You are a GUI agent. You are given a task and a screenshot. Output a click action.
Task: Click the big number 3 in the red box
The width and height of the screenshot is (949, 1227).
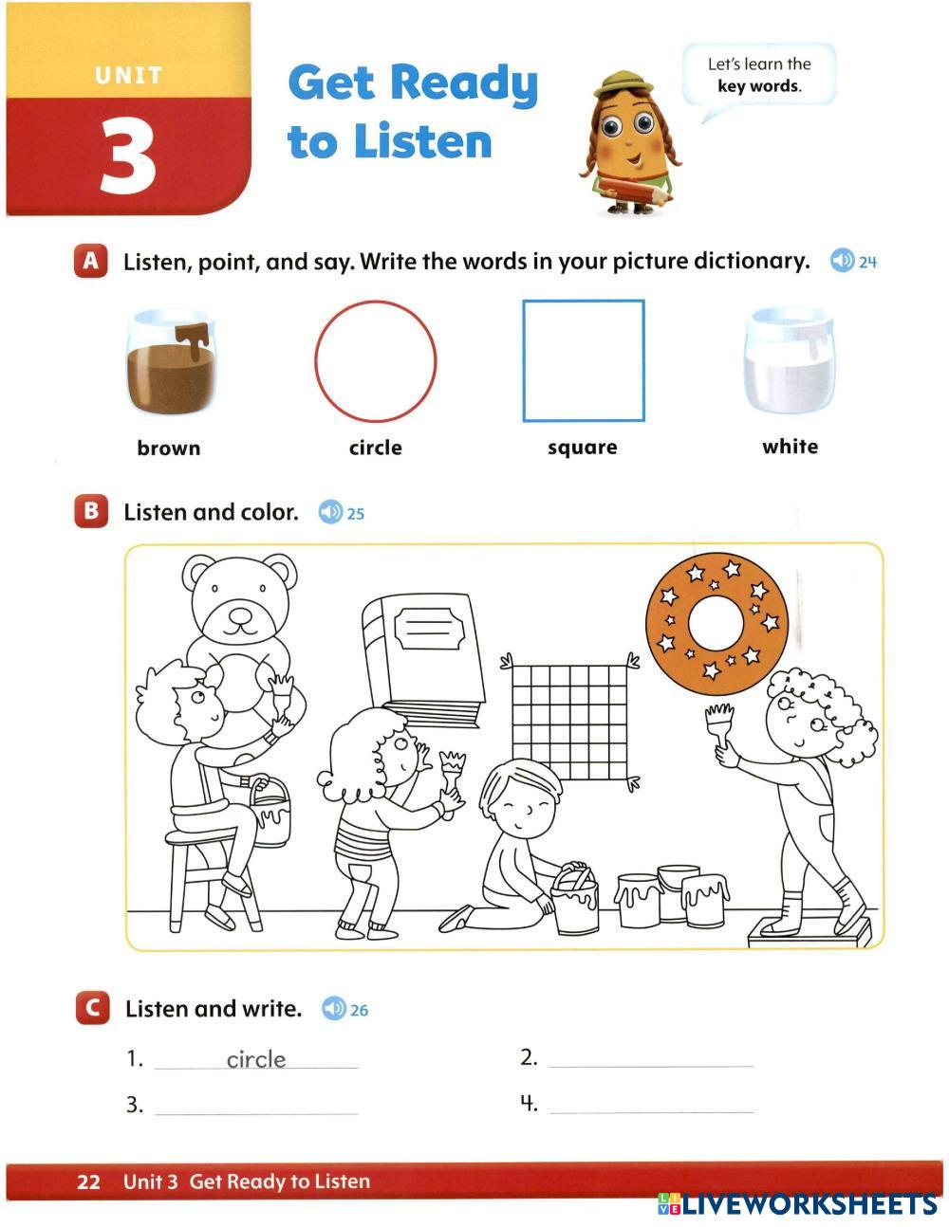pyautogui.click(x=128, y=157)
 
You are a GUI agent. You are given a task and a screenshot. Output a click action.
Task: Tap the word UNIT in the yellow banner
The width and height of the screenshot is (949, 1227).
pyautogui.click(x=129, y=76)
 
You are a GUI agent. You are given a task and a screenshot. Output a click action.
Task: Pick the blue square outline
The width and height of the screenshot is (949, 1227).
pyautogui.click(x=524, y=361)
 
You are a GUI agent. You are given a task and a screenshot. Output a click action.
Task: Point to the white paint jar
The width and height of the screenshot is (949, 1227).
pyautogui.click(x=790, y=360)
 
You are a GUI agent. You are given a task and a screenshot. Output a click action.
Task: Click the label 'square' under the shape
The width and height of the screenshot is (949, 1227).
pyautogui.click(x=583, y=448)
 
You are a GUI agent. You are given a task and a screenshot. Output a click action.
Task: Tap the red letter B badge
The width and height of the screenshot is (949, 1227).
pyautogui.click(x=90, y=511)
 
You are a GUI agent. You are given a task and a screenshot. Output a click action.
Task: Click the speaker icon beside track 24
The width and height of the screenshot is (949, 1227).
pyautogui.click(x=842, y=261)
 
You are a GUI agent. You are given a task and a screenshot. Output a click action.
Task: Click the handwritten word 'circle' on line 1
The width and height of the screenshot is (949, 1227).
pyautogui.click(x=256, y=1060)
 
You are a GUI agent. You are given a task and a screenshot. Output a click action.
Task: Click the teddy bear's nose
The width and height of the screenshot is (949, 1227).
pyautogui.click(x=241, y=613)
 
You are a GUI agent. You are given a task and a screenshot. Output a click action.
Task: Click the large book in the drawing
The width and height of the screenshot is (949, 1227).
pyautogui.click(x=422, y=660)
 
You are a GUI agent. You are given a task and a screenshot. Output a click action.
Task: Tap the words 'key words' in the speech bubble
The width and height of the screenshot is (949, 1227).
pyautogui.click(x=759, y=86)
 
